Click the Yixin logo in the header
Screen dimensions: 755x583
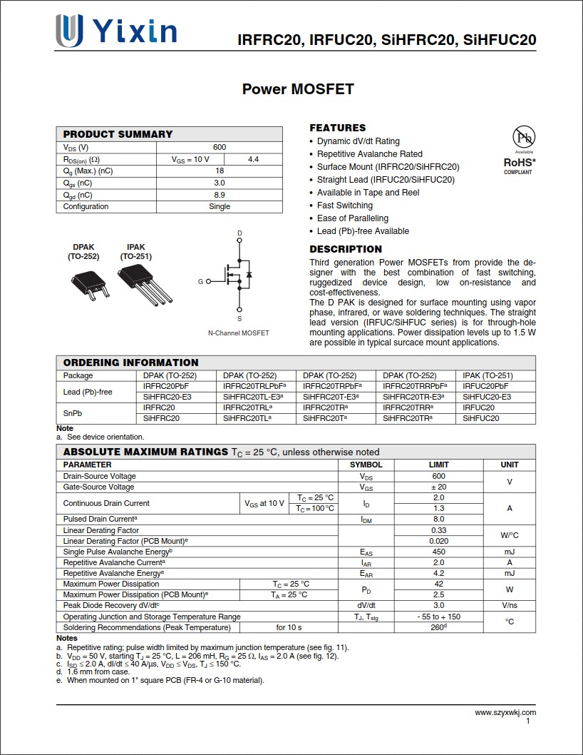pos(116,32)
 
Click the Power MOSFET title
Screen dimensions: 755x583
pos(298,89)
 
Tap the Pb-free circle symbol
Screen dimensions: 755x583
pos(525,137)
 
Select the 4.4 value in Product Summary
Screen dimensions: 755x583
pos(253,159)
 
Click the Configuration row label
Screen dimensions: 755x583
pos(86,206)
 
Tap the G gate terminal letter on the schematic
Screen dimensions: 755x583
pos(201,282)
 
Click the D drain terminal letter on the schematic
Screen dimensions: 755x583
pos(239,233)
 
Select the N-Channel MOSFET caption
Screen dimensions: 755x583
pos(239,333)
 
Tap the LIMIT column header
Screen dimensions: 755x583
pos(438,465)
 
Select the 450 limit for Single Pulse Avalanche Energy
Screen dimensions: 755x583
pos(438,552)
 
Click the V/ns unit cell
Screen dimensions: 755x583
pos(510,605)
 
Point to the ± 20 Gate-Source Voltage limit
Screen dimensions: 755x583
pos(438,487)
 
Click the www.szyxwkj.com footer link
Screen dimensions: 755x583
pos(505,712)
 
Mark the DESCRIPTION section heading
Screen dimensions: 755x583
pos(346,249)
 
